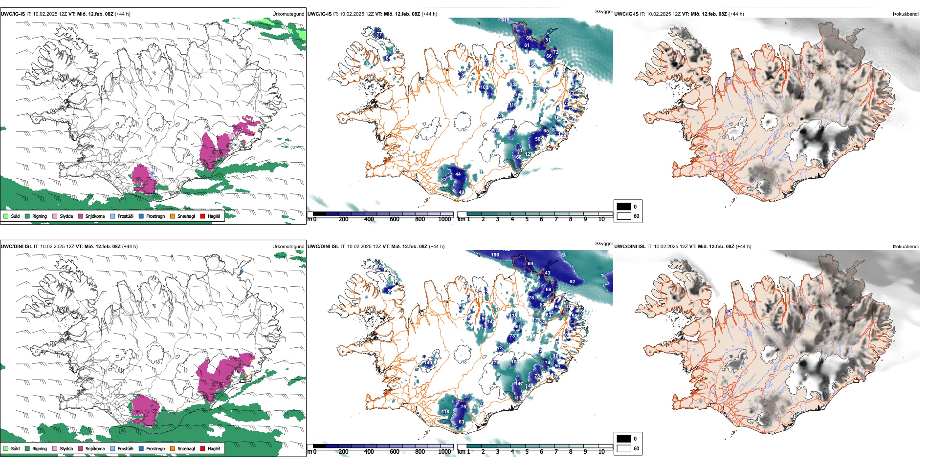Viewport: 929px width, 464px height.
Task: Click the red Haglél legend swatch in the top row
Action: [203, 216]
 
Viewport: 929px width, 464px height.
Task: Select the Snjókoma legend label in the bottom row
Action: [95, 449]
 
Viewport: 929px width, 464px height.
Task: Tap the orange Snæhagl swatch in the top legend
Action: [173, 216]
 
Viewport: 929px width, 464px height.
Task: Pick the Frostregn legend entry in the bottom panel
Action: [155, 449]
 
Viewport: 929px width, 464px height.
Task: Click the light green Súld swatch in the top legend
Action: [6, 216]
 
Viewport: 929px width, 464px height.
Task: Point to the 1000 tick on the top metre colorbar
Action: [444, 219]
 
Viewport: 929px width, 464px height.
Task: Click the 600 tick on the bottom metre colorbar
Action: [395, 452]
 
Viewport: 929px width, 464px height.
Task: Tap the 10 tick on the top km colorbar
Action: [601, 219]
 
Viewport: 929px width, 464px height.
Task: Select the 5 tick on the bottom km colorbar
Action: [527, 452]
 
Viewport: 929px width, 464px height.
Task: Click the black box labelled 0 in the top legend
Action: [624, 207]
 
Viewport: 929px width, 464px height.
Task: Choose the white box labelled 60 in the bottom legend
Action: [624, 448]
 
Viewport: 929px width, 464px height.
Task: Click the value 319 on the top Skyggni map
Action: [505, 20]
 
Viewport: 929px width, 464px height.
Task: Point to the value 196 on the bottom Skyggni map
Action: [495, 255]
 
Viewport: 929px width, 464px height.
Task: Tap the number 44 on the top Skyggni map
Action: [458, 174]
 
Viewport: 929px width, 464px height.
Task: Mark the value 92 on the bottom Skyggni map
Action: [572, 282]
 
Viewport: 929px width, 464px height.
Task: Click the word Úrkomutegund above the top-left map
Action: [288, 14]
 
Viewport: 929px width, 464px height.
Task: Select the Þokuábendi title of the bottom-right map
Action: [906, 247]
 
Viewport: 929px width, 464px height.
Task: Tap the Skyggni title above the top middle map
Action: [603, 11]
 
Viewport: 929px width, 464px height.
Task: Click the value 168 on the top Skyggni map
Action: [517, 157]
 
